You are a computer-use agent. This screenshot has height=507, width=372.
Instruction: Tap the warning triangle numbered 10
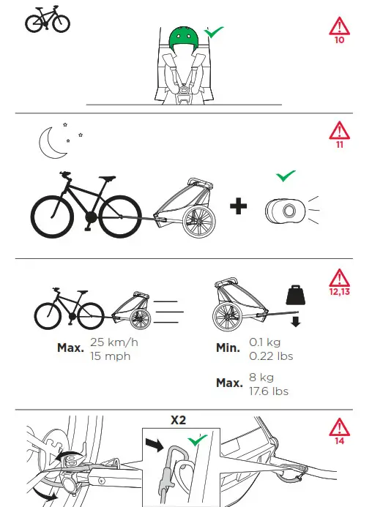(x=339, y=27)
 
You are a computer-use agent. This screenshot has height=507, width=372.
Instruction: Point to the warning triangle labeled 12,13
(x=339, y=279)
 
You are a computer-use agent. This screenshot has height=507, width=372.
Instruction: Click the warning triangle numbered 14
(x=339, y=427)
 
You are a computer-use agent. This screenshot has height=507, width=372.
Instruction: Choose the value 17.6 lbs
(x=268, y=391)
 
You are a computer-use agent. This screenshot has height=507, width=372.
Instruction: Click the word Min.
(x=228, y=348)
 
